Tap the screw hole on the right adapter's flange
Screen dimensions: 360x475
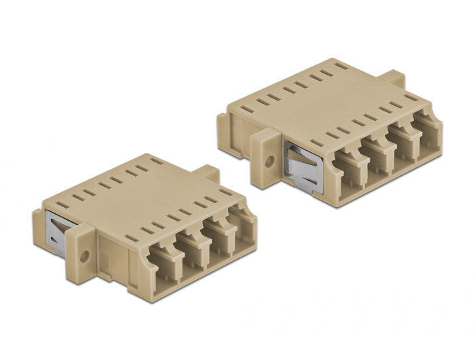click(270, 162)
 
